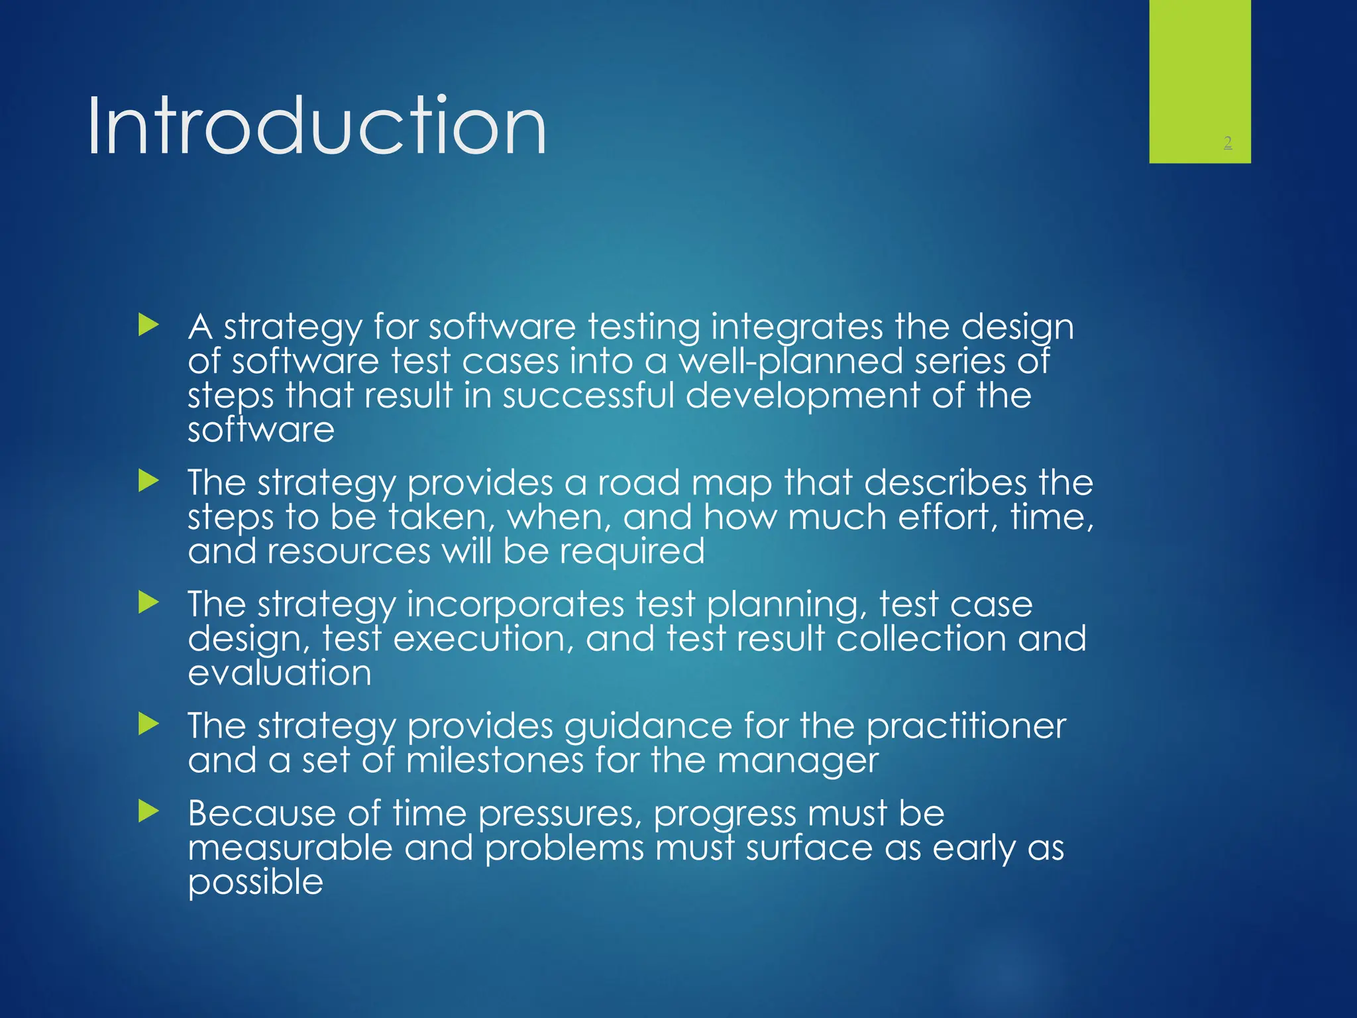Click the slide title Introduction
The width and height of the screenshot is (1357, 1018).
click(x=317, y=126)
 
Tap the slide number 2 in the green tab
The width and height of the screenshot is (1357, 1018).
click(x=1227, y=142)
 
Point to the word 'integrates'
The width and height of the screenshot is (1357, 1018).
click(x=796, y=328)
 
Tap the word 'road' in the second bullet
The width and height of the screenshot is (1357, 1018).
click(x=639, y=482)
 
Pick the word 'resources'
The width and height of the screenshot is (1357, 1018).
click(x=349, y=551)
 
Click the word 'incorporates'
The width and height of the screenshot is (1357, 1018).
click(x=515, y=605)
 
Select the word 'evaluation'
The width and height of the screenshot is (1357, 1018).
click(x=279, y=673)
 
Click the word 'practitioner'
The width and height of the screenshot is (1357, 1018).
click(x=965, y=726)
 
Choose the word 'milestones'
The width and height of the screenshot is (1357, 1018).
click(x=494, y=760)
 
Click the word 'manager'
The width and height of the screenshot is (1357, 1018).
click(x=798, y=762)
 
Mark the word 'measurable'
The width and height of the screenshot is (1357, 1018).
click(x=290, y=848)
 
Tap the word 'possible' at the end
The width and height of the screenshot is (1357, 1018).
click(x=255, y=883)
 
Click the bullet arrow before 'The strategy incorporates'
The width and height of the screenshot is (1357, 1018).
click(x=149, y=602)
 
